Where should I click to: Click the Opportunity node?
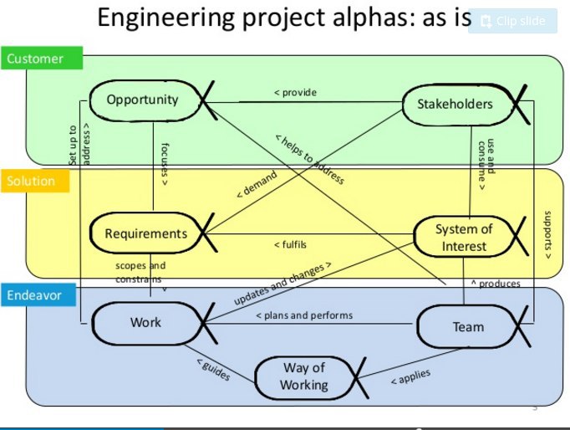(143, 100)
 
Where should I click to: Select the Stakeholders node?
(455, 105)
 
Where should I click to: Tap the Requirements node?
(146, 233)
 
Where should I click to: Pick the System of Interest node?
(464, 238)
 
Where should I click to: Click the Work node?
(145, 322)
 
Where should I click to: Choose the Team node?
(468, 326)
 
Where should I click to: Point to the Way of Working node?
(303, 376)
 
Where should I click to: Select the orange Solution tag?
(32, 181)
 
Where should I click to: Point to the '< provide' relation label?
(295, 92)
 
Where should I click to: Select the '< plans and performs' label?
(303, 315)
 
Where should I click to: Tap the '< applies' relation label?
(410, 378)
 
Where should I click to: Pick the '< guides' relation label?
(213, 370)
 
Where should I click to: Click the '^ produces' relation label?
(496, 284)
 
